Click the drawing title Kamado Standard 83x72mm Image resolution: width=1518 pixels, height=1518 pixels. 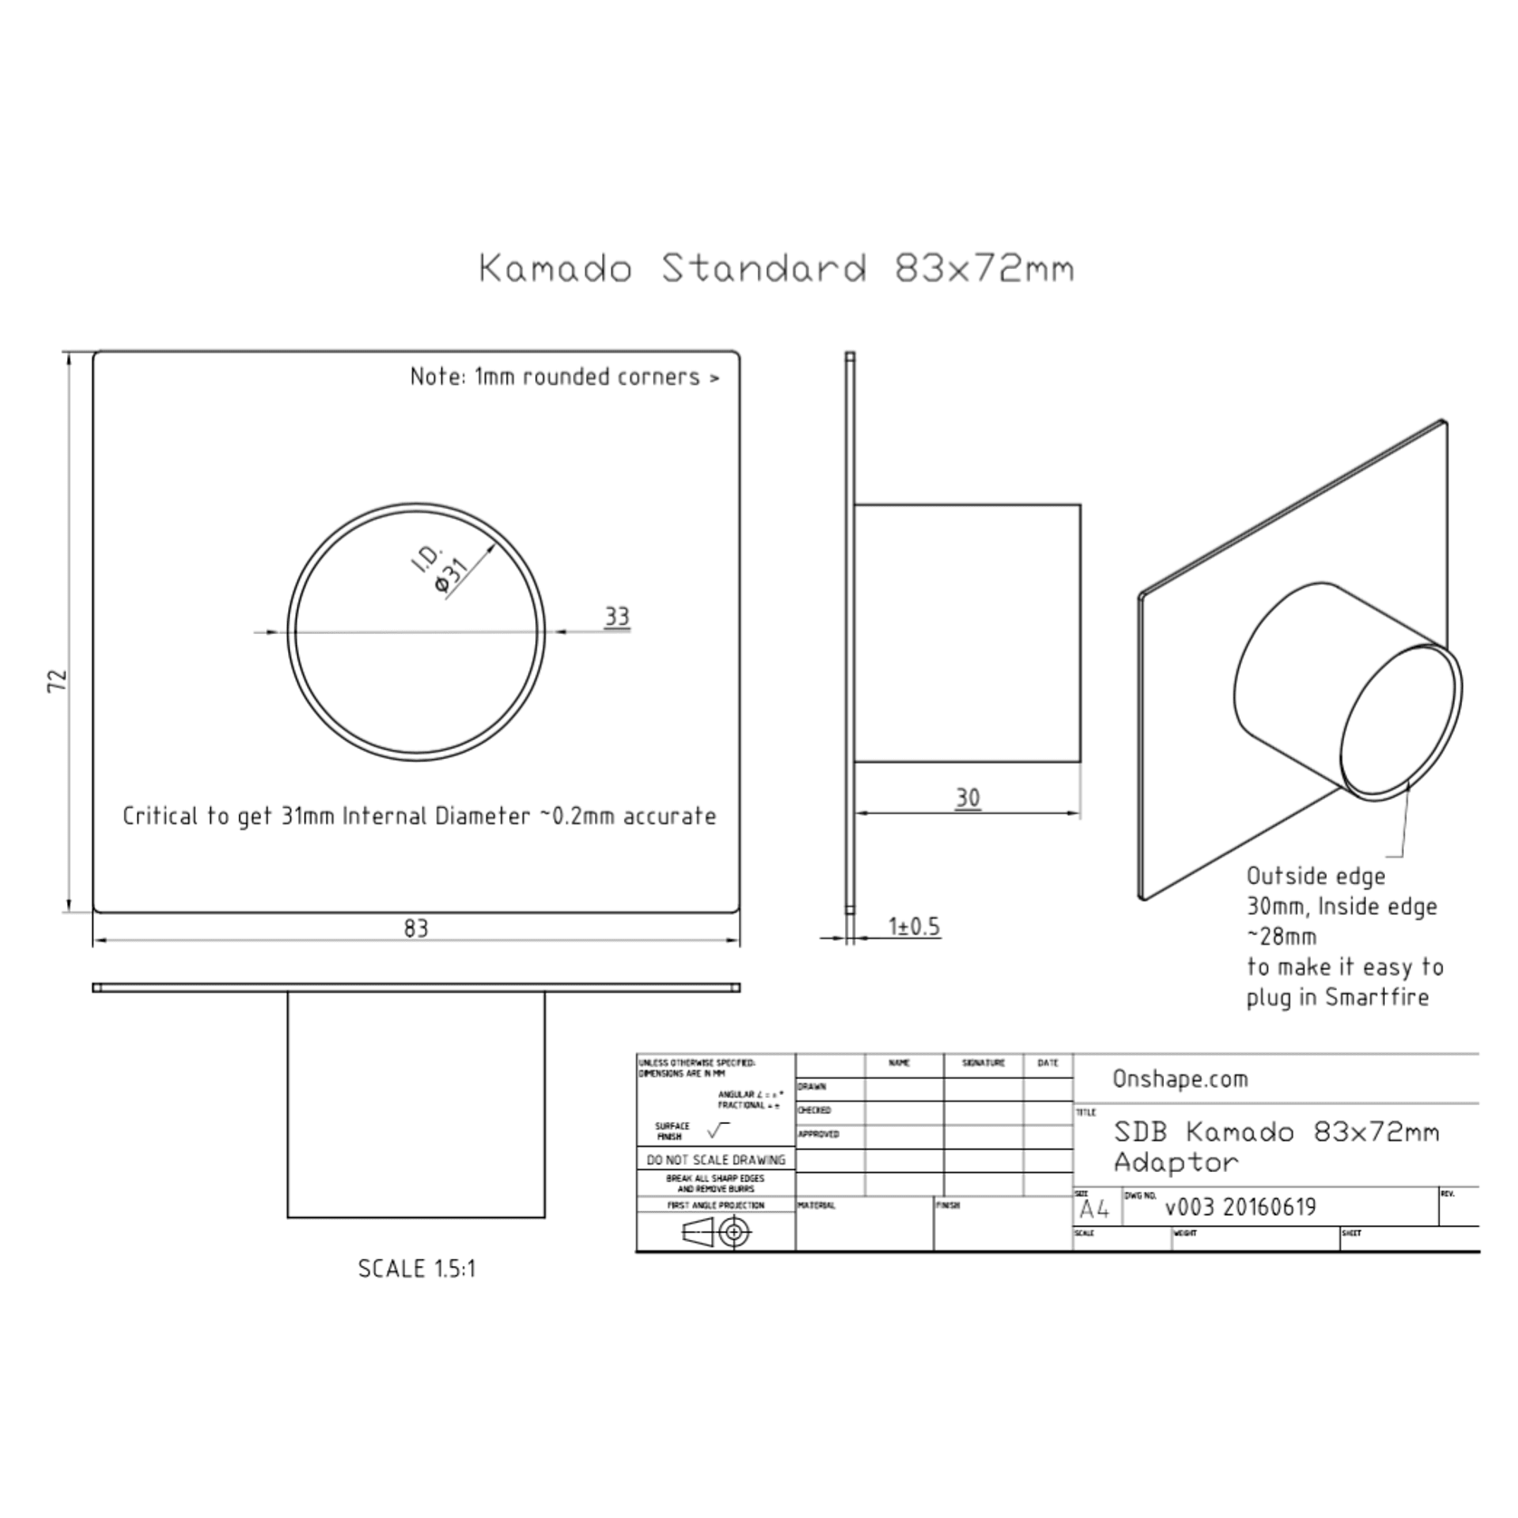coord(776,269)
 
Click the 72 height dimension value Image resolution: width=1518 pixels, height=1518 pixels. coord(57,681)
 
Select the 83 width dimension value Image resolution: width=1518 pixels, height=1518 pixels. coord(416,928)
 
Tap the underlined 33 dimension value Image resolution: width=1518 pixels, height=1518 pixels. coord(617,617)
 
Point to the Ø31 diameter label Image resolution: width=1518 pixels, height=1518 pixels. coord(450,576)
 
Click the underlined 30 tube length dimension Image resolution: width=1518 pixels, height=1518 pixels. coord(967,798)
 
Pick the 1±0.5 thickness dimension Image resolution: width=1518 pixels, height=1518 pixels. coord(913,927)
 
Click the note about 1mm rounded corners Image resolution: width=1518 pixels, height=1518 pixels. coord(564,377)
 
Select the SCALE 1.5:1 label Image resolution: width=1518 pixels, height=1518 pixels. coord(416,1268)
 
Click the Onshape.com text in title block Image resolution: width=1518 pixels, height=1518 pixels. coord(1179,1079)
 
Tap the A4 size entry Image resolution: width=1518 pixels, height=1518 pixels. coord(1094,1209)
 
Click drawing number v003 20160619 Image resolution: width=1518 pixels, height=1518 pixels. coord(1240,1206)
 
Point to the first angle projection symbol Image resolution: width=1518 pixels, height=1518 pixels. coord(716,1232)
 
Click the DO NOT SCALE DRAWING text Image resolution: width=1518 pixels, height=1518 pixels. coord(716,1159)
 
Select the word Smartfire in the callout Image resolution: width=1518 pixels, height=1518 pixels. coord(1377,997)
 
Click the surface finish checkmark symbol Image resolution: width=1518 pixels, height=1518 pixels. coord(717,1129)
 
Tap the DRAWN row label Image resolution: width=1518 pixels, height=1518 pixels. coord(812,1087)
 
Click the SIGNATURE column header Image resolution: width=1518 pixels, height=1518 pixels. coord(983,1063)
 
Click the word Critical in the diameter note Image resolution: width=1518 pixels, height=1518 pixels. coord(159,816)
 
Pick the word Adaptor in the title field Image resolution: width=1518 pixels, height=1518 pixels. coord(1175,1163)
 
